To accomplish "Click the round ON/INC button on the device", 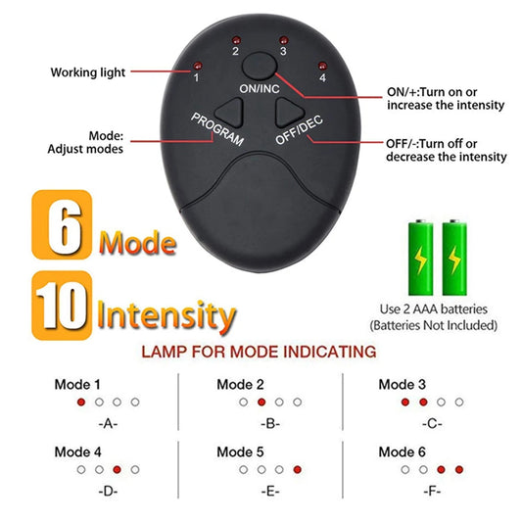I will pyautogui.click(x=260, y=67).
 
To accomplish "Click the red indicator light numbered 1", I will pyautogui.click(x=195, y=67).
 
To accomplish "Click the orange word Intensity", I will pyautogui.click(x=166, y=315).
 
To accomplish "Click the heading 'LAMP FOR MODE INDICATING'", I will pyautogui.click(x=259, y=351).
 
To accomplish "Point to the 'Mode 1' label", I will pyautogui.click(x=76, y=385).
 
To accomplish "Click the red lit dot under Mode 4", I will pyautogui.click(x=117, y=470).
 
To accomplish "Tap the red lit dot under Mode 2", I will pyautogui.click(x=261, y=403).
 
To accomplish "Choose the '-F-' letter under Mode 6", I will pyautogui.click(x=432, y=490).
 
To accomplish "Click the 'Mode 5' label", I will pyautogui.click(x=240, y=452).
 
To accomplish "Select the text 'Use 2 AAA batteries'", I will pyautogui.click(x=433, y=309).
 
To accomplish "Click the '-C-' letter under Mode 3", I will pyautogui.click(x=432, y=423).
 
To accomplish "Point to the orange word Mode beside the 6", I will pyautogui.click(x=137, y=242).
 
